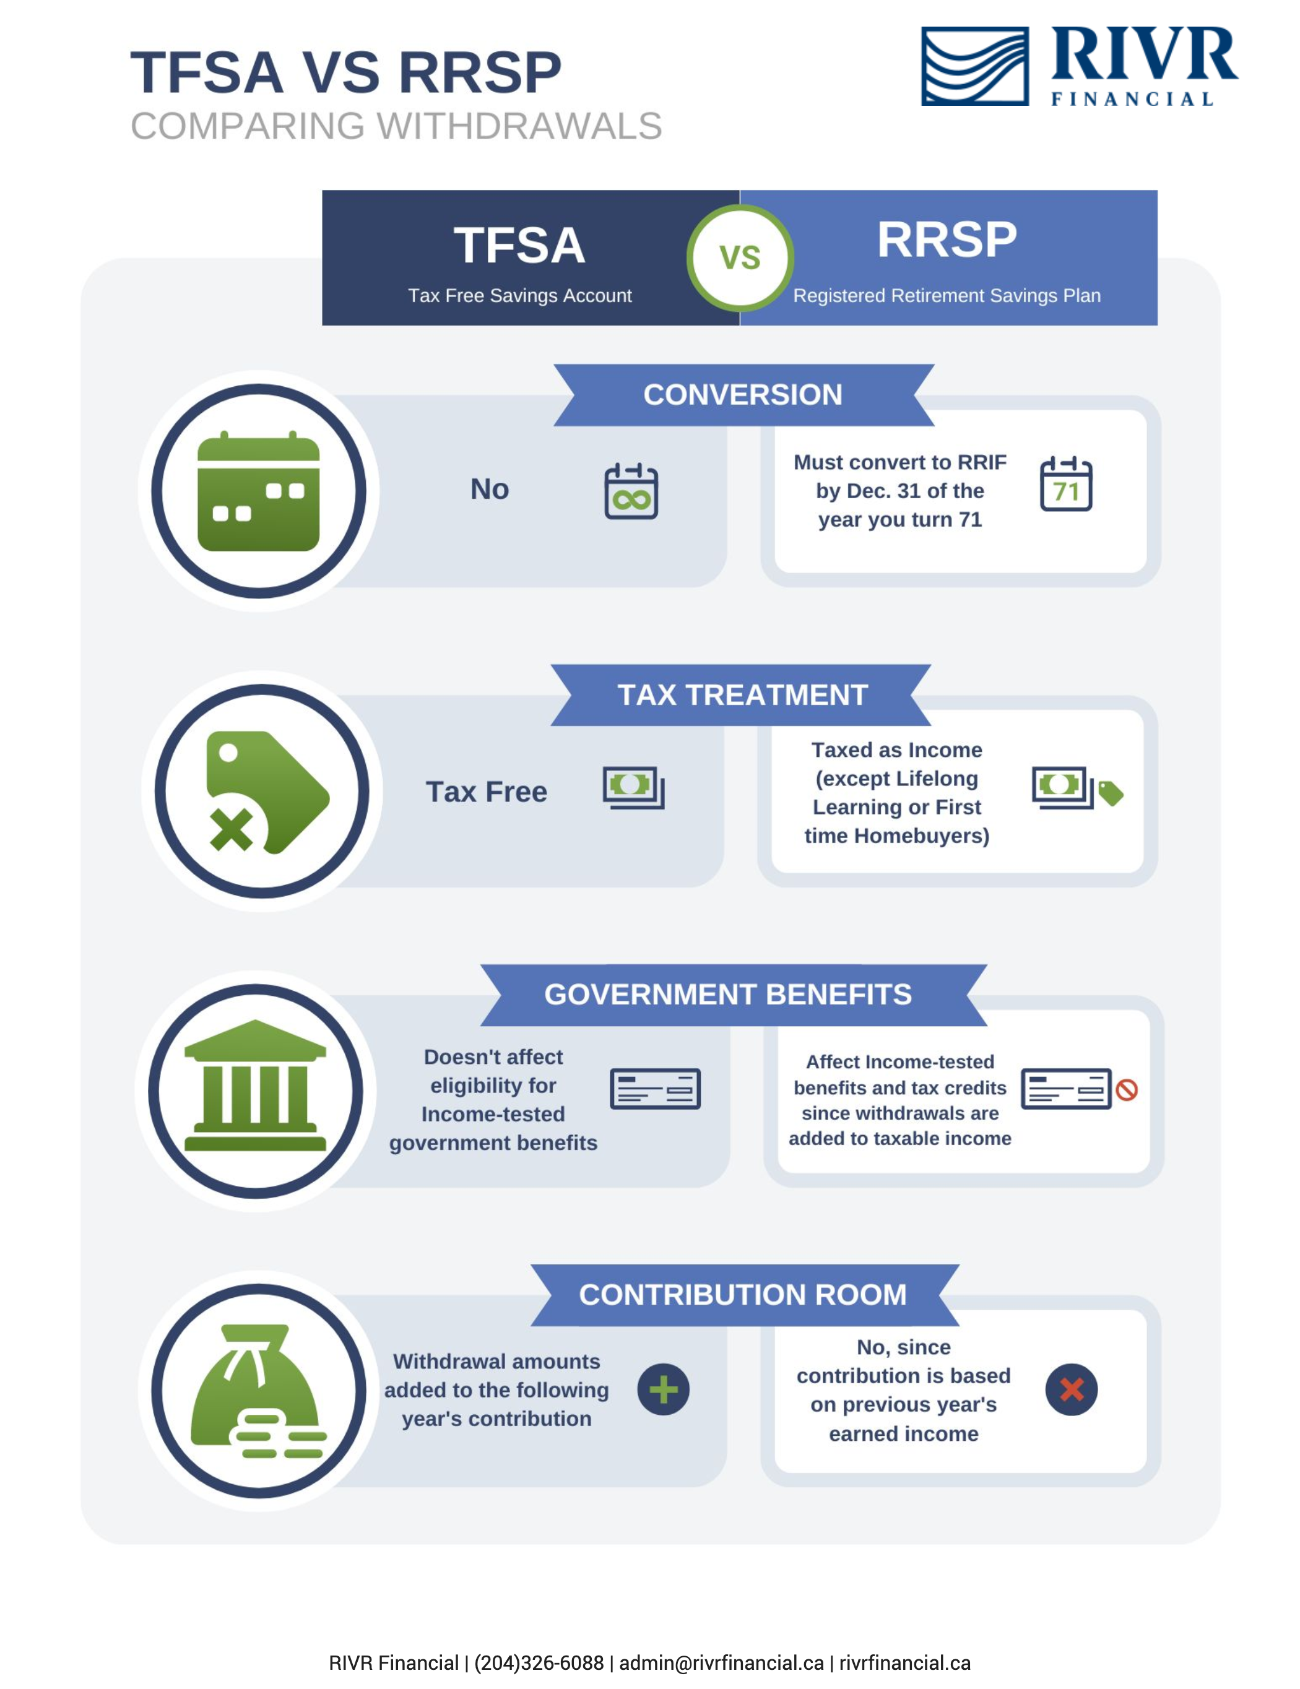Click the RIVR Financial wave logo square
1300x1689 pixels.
tap(974, 66)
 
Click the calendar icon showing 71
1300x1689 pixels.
tap(1065, 484)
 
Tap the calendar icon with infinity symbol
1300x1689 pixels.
tap(631, 491)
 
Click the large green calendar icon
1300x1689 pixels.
tap(258, 491)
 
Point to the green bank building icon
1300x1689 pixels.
tap(255, 1086)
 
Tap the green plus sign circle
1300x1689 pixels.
tap(664, 1389)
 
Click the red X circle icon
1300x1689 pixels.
tap(1071, 1389)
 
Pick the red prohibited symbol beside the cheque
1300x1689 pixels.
tap(1127, 1090)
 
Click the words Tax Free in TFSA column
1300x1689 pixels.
tap(487, 792)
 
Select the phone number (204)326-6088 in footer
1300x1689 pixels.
tap(539, 1663)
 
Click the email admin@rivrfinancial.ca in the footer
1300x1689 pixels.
tap(722, 1663)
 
